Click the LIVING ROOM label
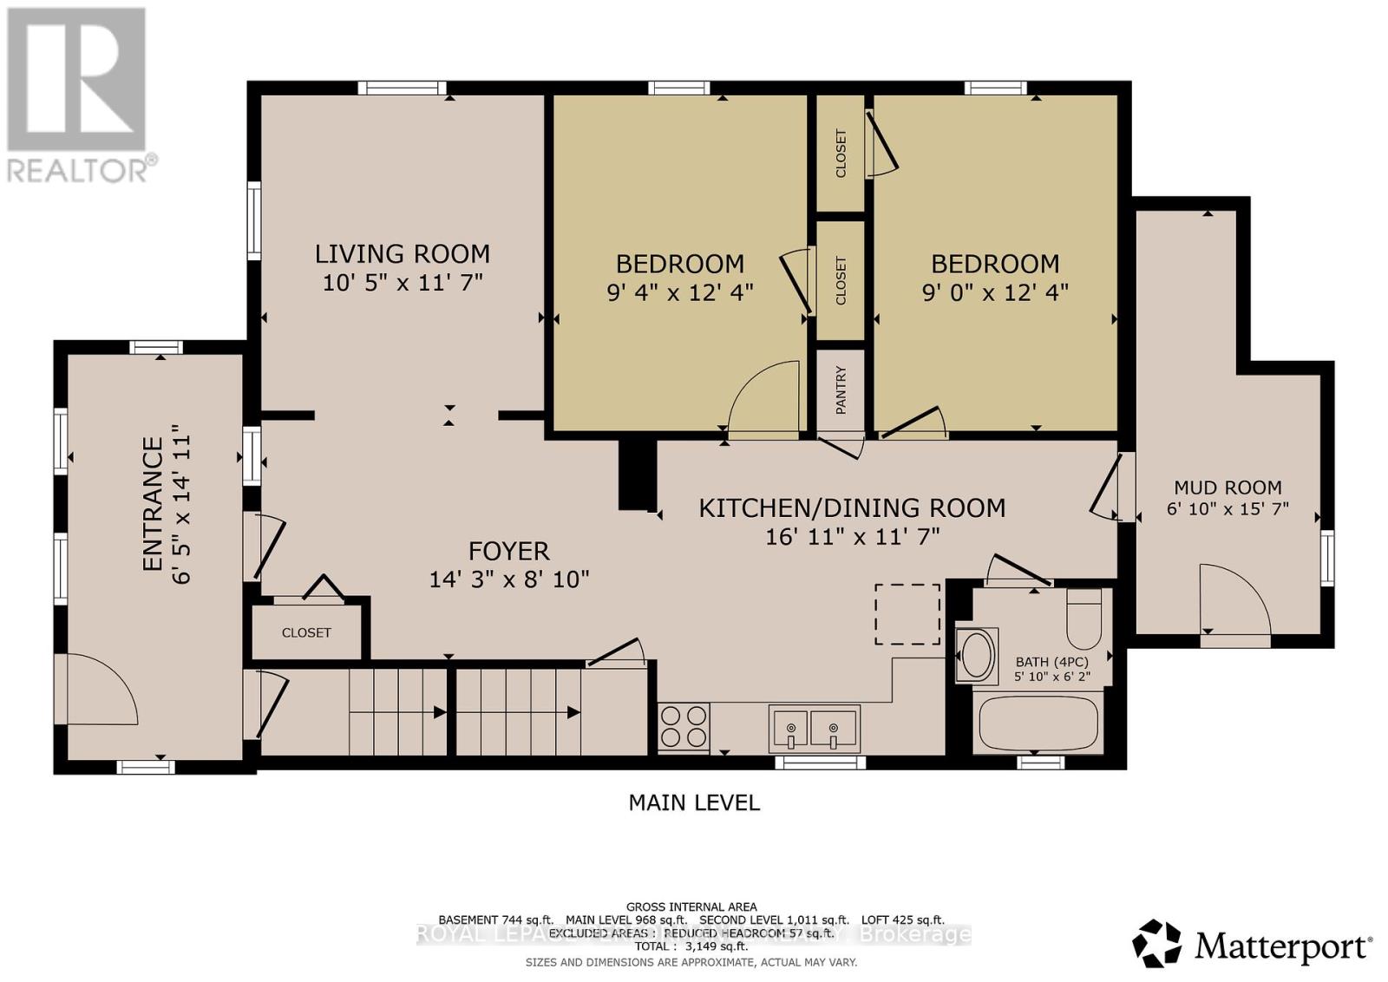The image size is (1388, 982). [402, 253]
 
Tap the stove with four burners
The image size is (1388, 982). [684, 727]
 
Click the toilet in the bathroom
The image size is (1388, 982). [1084, 619]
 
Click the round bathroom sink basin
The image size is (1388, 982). [978, 656]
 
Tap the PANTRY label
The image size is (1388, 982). [841, 390]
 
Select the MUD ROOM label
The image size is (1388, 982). [1228, 488]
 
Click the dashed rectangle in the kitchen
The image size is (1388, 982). [907, 614]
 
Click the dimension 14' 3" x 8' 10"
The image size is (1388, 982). [509, 579]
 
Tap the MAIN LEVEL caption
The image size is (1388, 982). [694, 802]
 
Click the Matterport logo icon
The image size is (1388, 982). [1156, 943]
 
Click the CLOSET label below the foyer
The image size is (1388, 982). [306, 632]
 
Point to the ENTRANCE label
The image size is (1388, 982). [153, 504]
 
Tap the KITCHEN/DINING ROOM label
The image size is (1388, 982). [852, 507]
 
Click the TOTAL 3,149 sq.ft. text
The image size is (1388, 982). [693, 947]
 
